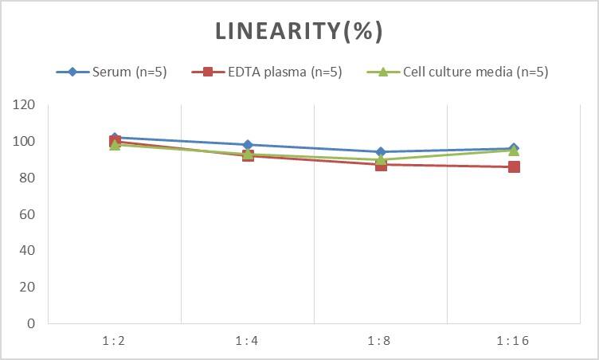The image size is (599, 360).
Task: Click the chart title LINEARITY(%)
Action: pos(299,31)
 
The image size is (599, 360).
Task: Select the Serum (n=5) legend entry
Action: pos(112,72)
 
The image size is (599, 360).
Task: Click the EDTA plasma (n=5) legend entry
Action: pos(267,72)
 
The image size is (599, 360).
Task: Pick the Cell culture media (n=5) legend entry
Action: pos(458,72)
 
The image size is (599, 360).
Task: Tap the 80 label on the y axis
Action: pos(28,178)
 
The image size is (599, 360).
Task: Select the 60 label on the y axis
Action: pos(28,214)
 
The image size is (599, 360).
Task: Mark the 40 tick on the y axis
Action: pos(28,251)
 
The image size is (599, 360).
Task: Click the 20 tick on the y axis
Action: pos(28,288)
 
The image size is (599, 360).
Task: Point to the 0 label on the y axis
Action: pos(31,323)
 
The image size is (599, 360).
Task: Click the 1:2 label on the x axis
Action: pos(115,341)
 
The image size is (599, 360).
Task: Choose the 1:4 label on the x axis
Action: pos(248,341)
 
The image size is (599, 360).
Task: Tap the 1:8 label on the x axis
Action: pos(381,341)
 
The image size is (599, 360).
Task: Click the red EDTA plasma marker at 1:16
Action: pos(514,166)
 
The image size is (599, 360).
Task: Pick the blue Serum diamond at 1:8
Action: pos(381,151)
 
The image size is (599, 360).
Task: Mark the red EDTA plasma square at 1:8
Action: pos(381,164)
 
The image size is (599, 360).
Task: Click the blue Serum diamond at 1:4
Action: pos(248,145)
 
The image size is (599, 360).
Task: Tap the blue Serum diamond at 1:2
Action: pos(115,137)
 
